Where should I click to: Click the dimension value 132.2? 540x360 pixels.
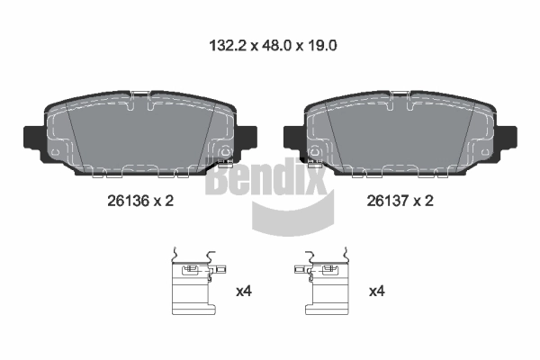[228, 46]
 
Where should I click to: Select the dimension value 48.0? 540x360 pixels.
[277, 46]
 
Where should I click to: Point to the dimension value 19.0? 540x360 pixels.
[321, 46]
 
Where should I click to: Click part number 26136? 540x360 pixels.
[128, 201]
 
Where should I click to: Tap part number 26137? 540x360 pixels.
[387, 201]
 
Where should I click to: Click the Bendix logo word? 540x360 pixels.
[265, 176]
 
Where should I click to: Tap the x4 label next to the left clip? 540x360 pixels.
[244, 292]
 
